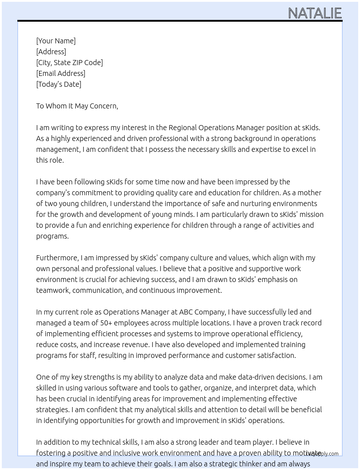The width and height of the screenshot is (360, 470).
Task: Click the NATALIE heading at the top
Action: tap(314, 13)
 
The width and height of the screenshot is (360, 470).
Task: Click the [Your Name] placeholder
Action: tap(56, 41)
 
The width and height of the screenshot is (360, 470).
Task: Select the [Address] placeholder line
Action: tap(51, 52)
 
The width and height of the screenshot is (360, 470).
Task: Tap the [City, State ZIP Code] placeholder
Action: tap(69, 63)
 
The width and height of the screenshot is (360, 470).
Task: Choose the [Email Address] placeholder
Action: tap(61, 73)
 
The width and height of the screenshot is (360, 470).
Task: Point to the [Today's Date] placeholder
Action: tap(59, 84)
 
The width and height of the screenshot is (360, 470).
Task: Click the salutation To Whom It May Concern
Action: tap(77, 106)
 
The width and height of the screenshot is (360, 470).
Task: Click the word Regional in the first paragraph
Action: tap(183, 128)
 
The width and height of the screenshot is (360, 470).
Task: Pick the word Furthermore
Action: tap(57, 258)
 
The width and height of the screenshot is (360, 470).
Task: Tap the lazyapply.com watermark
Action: tap(322, 454)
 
